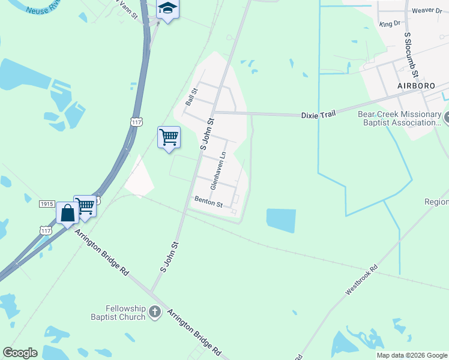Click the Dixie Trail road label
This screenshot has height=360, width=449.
318,114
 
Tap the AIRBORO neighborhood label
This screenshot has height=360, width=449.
415,86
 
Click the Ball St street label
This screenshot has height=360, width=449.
191,97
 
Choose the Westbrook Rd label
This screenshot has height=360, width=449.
362,281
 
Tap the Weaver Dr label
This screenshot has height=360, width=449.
427,11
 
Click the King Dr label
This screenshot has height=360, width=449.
390,24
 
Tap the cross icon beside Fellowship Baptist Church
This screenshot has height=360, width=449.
155,312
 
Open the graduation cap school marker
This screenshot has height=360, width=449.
168,9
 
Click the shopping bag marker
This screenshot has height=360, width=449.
67,212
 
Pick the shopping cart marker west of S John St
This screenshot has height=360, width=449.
169,137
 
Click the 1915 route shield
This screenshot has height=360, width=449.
47,204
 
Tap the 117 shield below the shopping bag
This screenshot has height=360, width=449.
46,230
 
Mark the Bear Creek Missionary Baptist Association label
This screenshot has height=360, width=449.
399,118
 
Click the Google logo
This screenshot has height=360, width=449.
20,353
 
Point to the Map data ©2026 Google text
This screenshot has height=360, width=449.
412,355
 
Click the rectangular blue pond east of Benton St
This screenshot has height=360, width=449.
281,221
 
